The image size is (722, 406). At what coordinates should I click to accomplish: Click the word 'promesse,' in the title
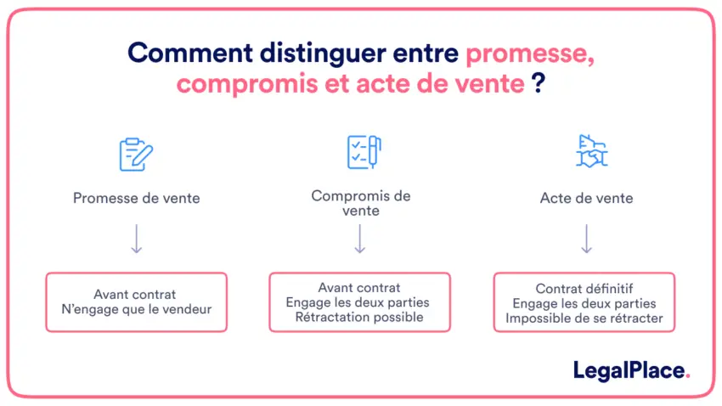(x=530, y=55)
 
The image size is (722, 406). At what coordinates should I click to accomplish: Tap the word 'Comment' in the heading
(x=190, y=53)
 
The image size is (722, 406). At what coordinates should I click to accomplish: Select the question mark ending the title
(x=539, y=83)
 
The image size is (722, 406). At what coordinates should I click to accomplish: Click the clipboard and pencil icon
(x=136, y=155)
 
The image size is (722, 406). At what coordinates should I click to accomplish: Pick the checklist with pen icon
(x=364, y=152)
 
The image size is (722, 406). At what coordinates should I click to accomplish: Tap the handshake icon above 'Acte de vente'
(x=592, y=151)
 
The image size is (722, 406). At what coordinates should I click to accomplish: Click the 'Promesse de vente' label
(x=136, y=198)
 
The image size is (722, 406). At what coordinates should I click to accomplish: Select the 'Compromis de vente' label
(x=361, y=203)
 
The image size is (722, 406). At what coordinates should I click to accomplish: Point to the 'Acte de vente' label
(x=587, y=198)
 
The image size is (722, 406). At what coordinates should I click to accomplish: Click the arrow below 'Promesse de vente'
(x=136, y=239)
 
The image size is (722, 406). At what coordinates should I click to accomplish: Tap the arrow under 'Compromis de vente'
(x=360, y=239)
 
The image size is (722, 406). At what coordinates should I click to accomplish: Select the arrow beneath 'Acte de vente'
(x=587, y=239)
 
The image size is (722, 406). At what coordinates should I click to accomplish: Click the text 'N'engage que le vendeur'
(x=137, y=309)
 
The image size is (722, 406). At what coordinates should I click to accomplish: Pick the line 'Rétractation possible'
(x=359, y=317)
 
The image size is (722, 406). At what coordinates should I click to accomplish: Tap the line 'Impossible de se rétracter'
(x=584, y=318)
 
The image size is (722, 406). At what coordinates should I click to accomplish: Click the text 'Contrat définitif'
(x=584, y=289)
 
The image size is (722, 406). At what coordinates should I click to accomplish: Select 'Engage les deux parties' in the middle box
(x=358, y=302)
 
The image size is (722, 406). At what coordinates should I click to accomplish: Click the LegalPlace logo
(x=631, y=370)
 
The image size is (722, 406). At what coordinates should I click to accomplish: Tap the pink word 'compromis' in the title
(x=247, y=85)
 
